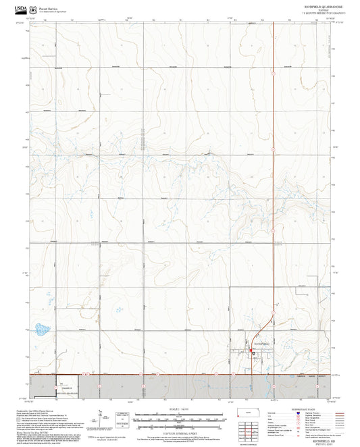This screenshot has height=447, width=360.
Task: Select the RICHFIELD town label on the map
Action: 261,344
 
